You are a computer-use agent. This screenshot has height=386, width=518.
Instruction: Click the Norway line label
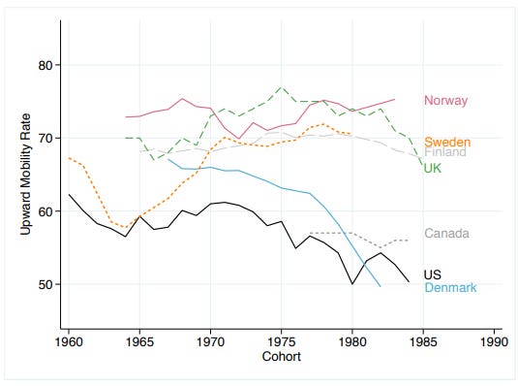point(445,100)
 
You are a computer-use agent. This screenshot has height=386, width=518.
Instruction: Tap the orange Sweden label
point(447,143)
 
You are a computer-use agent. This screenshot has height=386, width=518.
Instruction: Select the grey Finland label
point(445,152)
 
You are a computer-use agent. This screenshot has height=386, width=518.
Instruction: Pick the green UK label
point(435,170)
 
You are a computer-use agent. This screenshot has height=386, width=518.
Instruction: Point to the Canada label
point(446,234)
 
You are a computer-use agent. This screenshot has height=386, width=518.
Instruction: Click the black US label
point(433,276)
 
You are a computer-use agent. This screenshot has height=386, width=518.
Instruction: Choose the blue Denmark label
point(450,287)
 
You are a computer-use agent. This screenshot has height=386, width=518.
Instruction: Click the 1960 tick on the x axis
point(69,341)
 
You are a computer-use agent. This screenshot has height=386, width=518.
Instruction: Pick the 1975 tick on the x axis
point(282,341)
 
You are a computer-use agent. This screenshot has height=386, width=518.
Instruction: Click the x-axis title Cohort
point(282,356)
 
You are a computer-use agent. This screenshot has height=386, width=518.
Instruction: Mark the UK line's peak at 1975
point(282,87)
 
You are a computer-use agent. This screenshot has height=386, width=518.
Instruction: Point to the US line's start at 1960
point(69,195)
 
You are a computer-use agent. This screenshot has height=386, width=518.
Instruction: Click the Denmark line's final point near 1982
point(381,286)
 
